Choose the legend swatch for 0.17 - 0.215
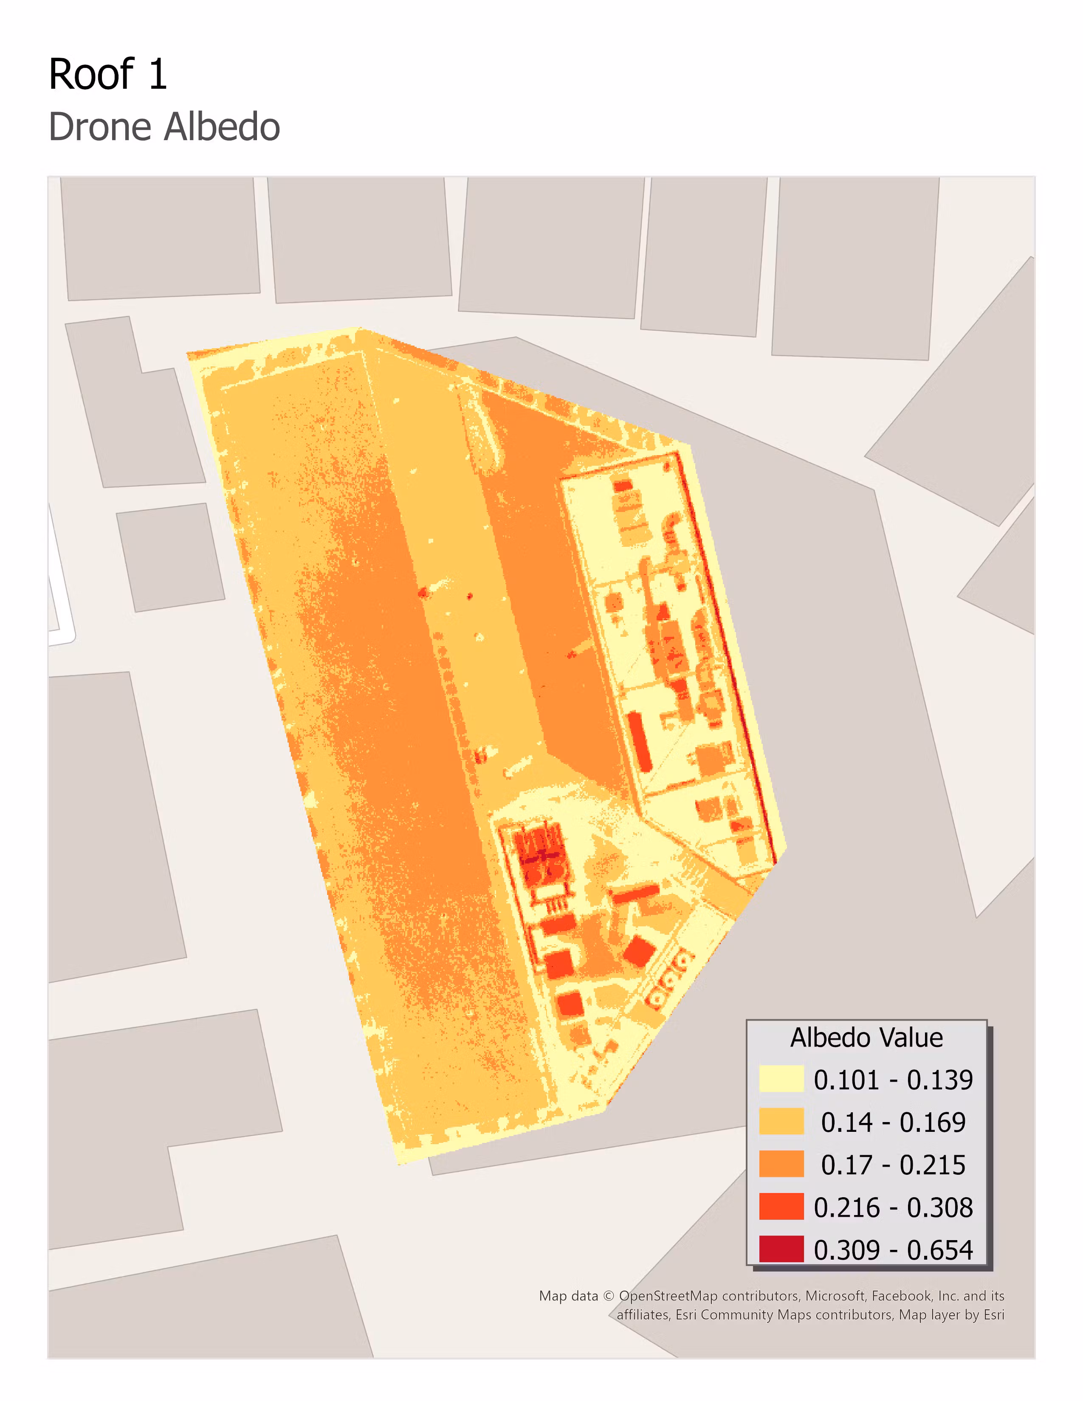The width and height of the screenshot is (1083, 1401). coord(781,1164)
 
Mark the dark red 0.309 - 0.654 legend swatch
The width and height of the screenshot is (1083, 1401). coord(781,1249)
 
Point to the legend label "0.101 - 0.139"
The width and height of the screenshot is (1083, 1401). coord(893,1080)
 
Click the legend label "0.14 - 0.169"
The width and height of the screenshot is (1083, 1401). coord(893,1122)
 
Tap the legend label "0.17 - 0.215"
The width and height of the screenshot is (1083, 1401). coord(893,1164)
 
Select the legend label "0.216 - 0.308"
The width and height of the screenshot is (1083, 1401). coord(893,1207)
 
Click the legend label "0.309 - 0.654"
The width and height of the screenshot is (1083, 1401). coord(893,1249)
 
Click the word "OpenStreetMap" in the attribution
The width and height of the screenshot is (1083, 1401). coord(667,1296)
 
